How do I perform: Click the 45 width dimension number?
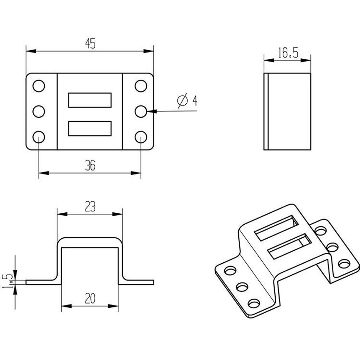click(x=90, y=44)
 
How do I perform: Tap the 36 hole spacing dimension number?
click(x=90, y=165)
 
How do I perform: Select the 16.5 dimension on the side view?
click(x=288, y=53)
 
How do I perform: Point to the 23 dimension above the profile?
click(x=90, y=206)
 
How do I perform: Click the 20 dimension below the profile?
click(x=90, y=298)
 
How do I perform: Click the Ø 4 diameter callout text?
click(x=187, y=101)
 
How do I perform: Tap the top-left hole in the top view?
click(x=39, y=86)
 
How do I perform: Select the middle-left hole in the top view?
click(x=39, y=111)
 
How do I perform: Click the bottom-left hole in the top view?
click(x=39, y=137)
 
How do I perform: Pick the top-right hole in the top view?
click(x=141, y=86)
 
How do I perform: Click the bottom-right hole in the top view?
click(x=141, y=137)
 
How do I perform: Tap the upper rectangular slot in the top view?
click(x=90, y=100)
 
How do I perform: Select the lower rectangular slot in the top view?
click(x=90, y=129)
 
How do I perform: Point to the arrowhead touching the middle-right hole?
click(x=152, y=111)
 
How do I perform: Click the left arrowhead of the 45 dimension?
click(x=31, y=51)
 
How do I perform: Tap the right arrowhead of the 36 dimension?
click(x=136, y=173)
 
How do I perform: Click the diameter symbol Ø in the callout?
click(x=182, y=101)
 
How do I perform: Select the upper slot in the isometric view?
click(x=276, y=228)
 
